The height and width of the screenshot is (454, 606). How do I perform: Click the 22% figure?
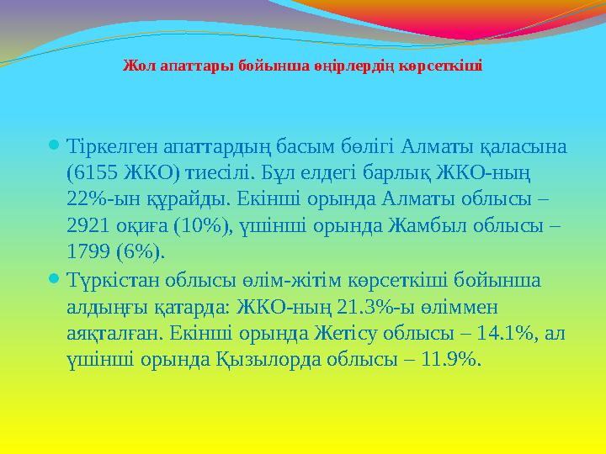click(87, 199)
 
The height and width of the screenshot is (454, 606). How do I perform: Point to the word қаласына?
click(526, 146)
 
